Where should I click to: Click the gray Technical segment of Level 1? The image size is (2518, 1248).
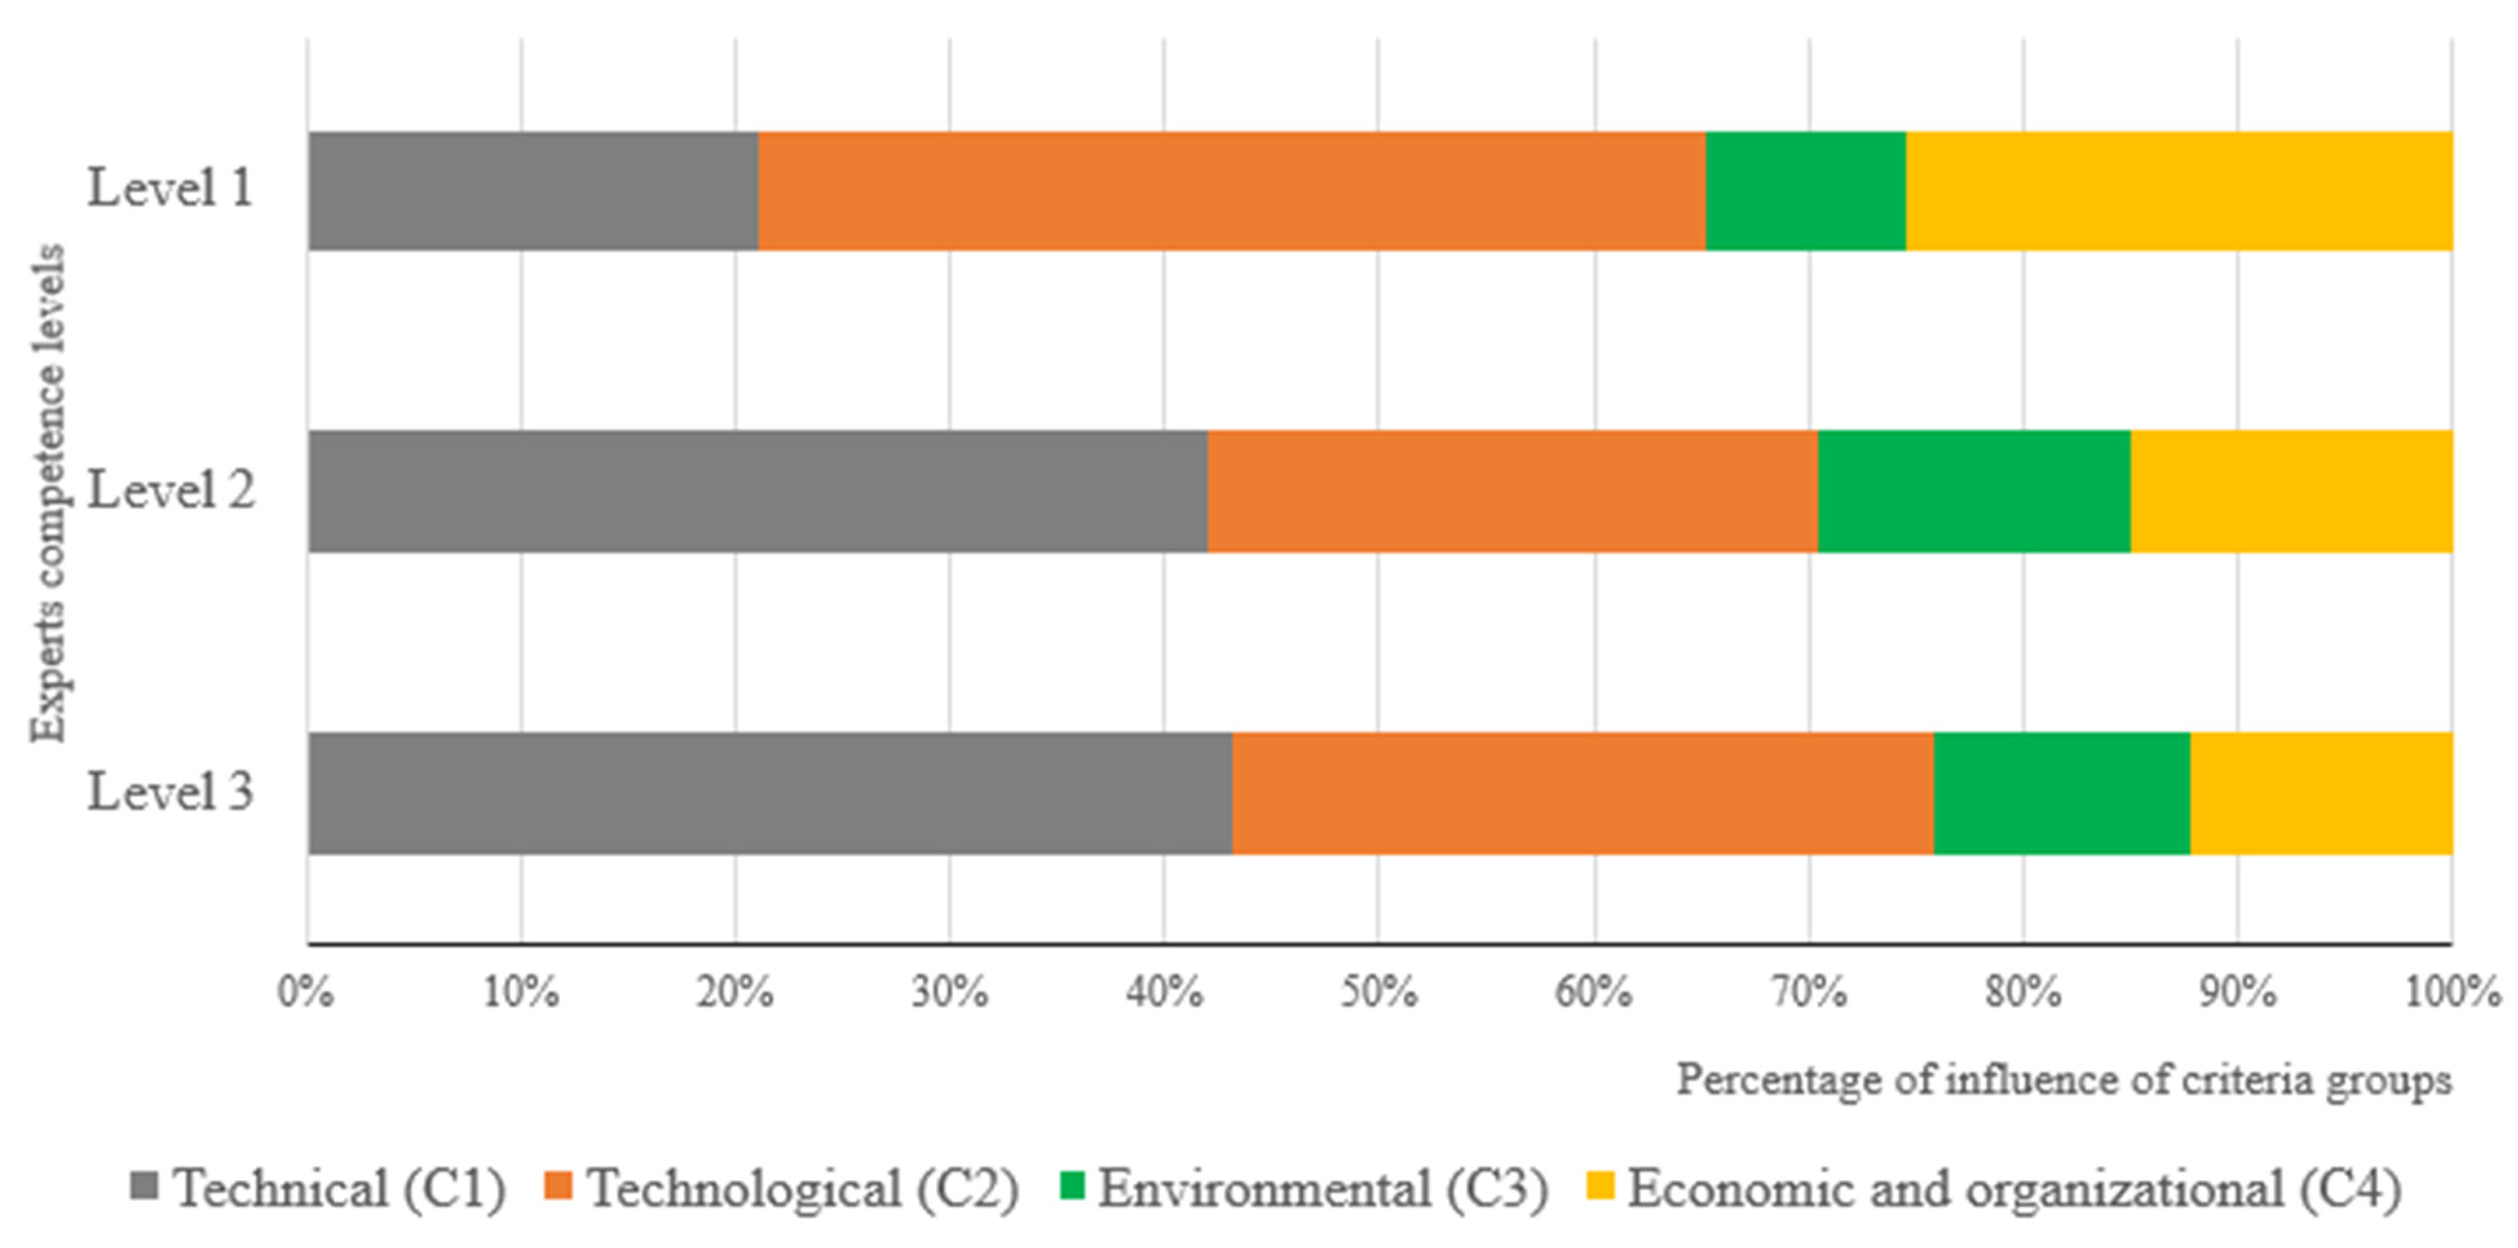533,191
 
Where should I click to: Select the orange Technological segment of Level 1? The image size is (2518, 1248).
1232,191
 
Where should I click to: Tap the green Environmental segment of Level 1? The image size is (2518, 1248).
1806,191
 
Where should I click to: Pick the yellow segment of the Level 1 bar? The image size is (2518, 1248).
2179,191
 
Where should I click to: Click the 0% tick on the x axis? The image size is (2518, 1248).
306,992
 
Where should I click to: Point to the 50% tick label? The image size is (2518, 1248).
1378,992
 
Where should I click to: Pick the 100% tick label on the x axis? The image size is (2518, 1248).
2451,992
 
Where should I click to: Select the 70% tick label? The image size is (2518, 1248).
1808,992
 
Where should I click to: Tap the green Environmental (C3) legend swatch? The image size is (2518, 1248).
1073,1185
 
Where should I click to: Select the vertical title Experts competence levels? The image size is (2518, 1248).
47,494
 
